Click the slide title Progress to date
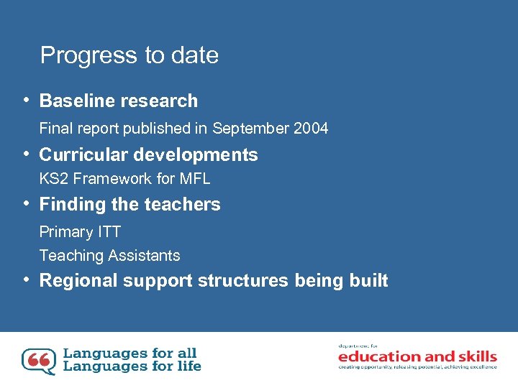pos(129,55)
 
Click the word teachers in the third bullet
pos(184,205)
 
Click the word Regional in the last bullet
pos(78,281)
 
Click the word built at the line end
pos(371,281)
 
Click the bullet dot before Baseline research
pos(25,100)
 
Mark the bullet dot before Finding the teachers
pos(25,203)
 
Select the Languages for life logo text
pos(132,366)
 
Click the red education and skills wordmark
pos(417,356)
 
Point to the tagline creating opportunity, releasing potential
pos(417,367)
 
